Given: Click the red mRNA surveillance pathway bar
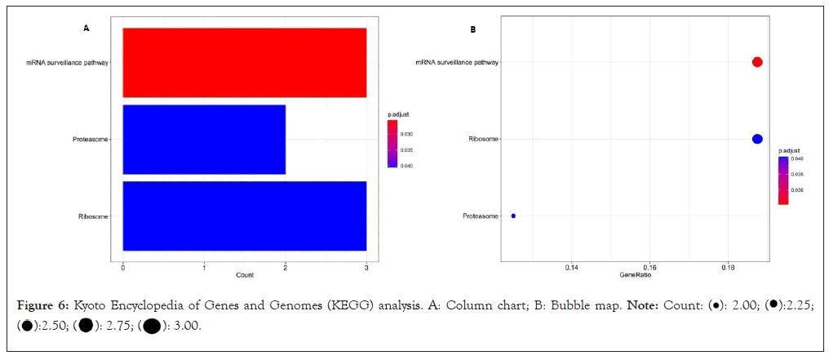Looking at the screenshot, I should [x=244, y=63].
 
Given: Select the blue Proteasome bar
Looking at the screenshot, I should [x=204, y=139].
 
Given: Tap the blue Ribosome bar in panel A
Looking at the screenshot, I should [x=244, y=216].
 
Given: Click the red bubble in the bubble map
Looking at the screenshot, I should [x=757, y=63].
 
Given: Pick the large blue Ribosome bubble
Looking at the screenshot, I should [x=757, y=139].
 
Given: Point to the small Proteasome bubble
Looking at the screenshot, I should [x=513, y=216].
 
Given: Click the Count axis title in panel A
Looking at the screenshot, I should [x=245, y=275].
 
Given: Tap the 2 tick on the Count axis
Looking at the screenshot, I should [x=286, y=266].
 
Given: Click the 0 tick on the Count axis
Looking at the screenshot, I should [x=122, y=266].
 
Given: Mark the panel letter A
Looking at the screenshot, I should [x=86, y=29].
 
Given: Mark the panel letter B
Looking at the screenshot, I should [x=473, y=29].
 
